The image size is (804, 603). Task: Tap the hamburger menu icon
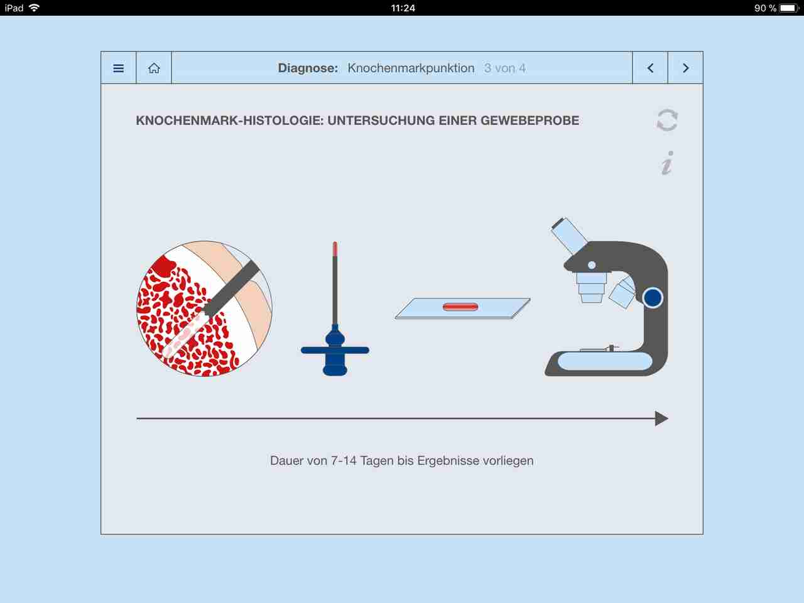coord(118,68)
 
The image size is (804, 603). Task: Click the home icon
coord(154,68)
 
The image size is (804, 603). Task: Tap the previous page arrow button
coord(650,68)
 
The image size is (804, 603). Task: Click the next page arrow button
coord(686,68)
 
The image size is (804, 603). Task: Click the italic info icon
coord(667,163)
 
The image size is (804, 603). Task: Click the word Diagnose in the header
coord(308,68)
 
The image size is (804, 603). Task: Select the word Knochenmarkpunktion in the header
coord(411,68)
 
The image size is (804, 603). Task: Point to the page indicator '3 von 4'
coord(505,68)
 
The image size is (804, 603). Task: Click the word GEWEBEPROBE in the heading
coord(530,121)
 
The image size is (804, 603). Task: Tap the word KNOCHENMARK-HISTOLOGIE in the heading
coord(230,121)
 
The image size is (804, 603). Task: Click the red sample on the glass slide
coord(460,307)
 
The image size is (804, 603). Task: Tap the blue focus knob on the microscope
coord(653,298)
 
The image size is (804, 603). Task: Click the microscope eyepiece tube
coord(570,236)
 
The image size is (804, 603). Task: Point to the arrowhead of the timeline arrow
coord(662,418)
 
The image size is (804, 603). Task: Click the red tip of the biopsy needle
coord(335,249)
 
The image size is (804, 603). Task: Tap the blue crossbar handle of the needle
coord(335,350)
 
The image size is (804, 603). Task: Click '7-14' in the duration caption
coord(344,460)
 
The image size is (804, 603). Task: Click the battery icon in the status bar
coord(789,8)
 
